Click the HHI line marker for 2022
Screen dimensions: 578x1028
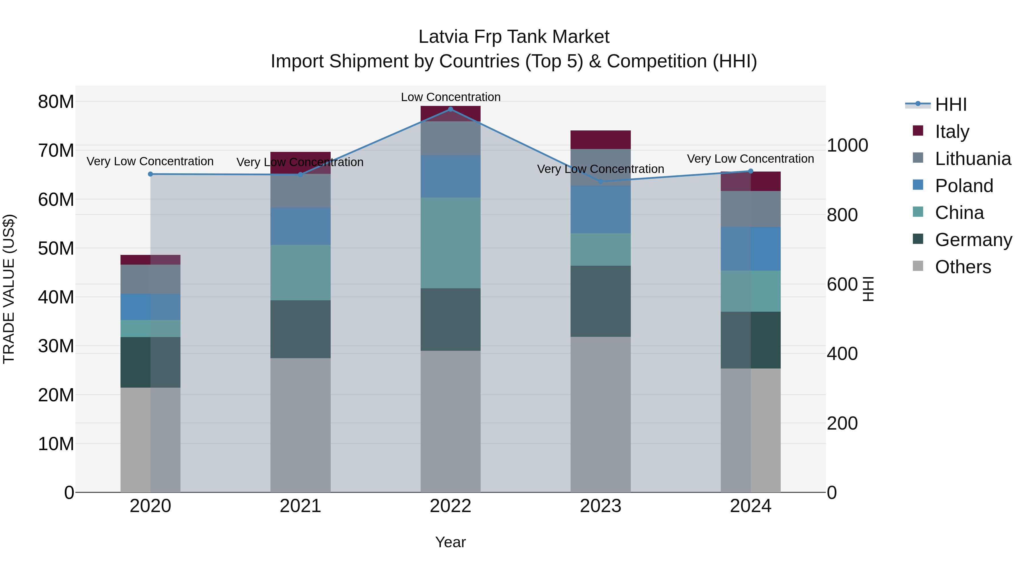point(451,109)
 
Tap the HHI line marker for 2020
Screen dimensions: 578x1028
point(150,174)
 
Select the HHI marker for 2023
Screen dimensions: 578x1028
point(601,182)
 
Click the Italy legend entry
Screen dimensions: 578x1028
point(951,131)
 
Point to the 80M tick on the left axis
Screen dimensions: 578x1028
point(56,102)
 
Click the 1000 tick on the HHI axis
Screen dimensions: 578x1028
point(847,145)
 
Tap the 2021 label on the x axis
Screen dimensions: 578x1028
point(300,506)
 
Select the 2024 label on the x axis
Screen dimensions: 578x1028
point(750,506)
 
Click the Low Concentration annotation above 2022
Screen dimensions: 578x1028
point(451,97)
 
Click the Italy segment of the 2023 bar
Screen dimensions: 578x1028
point(601,140)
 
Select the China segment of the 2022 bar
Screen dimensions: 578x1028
point(451,243)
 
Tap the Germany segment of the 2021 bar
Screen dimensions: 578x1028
point(300,329)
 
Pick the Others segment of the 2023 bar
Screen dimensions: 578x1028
point(601,414)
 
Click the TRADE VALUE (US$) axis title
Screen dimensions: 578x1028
point(9,289)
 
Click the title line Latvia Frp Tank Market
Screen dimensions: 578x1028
point(514,37)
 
